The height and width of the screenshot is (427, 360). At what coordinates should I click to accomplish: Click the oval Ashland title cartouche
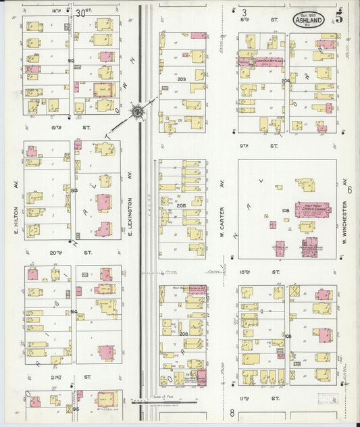pos(308,20)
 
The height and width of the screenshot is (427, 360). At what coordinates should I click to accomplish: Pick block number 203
pos(181,79)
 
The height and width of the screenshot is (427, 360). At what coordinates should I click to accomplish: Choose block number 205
pos(181,206)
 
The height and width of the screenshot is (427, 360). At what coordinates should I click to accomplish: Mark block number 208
pos(183,334)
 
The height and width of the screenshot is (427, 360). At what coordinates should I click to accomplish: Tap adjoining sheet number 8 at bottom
pos(232,413)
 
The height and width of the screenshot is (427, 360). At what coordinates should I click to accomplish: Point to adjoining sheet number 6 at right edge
pos(350,190)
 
